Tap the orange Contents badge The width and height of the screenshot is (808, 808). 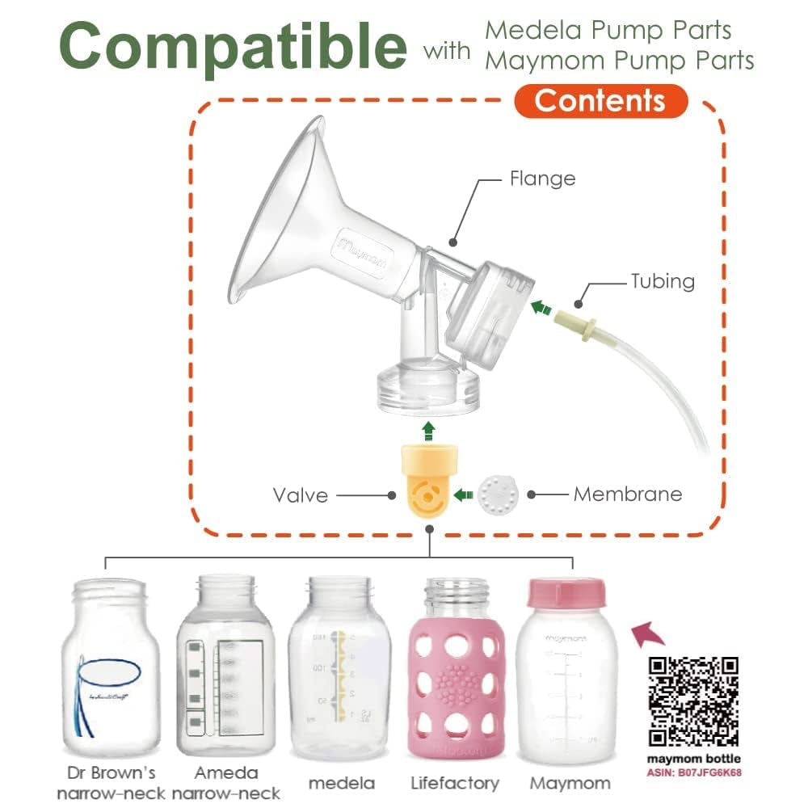pos(600,101)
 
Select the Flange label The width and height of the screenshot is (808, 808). pos(542,178)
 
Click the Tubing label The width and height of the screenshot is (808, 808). pos(663,281)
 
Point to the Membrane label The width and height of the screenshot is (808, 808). pos(628,494)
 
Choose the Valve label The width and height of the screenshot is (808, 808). pos(301,494)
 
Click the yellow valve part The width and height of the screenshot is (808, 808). pos(428,483)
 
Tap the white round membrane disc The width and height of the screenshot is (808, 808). pos(495,493)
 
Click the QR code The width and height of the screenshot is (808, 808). pos(695,701)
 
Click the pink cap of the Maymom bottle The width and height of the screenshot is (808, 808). pos(566,593)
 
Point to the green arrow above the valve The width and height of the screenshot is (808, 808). pos(429,428)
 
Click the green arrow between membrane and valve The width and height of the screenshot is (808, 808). pos(463,494)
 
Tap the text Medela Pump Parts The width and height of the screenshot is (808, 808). pos(608,31)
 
